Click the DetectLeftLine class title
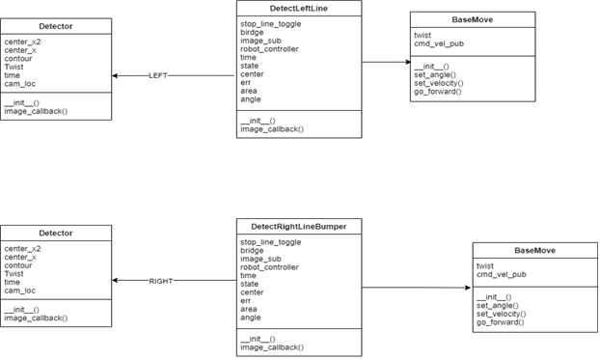click(x=299, y=8)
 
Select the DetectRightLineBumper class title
click(x=299, y=226)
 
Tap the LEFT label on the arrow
click(x=159, y=75)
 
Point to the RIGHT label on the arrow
click(x=161, y=281)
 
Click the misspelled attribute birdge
click(x=252, y=32)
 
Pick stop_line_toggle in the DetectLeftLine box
click(x=270, y=23)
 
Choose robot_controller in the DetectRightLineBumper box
click(x=269, y=267)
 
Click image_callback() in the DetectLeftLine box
click(x=272, y=128)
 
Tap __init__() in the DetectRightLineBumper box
click(x=259, y=339)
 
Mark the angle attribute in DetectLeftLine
click(x=251, y=99)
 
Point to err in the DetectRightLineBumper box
click(x=246, y=300)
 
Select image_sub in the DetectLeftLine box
click(x=259, y=41)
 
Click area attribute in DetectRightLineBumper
click(x=250, y=309)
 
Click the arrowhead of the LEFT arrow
click(x=116, y=75)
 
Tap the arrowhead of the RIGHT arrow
click(x=116, y=281)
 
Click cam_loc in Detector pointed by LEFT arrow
click(x=20, y=84)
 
